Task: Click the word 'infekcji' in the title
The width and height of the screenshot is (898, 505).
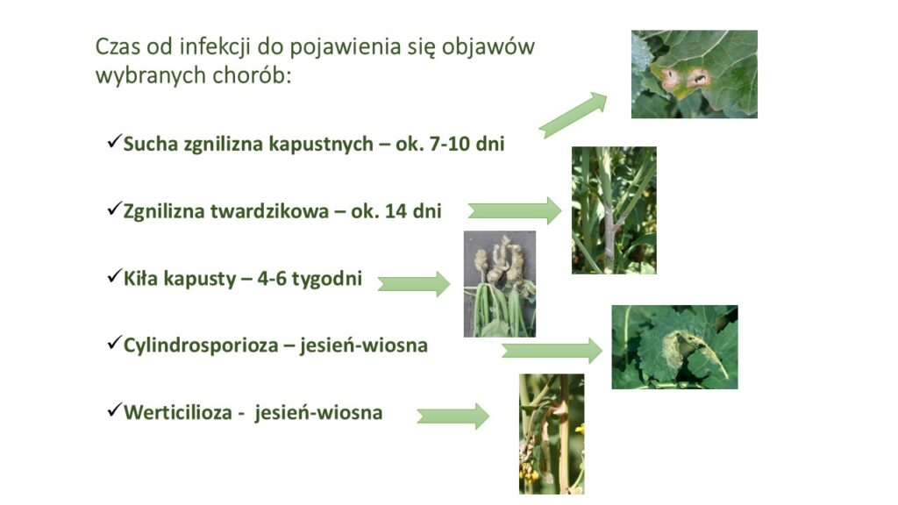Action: click(x=215, y=47)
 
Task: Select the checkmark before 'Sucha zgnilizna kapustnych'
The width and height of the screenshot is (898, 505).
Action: click(x=115, y=141)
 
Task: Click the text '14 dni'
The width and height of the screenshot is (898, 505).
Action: click(x=413, y=211)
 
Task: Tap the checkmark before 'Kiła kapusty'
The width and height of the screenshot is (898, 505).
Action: click(x=115, y=276)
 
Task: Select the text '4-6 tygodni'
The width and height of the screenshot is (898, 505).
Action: click(x=310, y=279)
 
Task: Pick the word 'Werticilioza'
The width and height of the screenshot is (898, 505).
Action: click(x=177, y=412)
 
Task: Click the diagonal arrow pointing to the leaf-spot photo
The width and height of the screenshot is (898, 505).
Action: click(x=573, y=115)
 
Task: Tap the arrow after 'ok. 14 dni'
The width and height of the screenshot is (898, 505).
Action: click(x=514, y=210)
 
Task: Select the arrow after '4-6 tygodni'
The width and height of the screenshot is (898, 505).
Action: click(x=414, y=284)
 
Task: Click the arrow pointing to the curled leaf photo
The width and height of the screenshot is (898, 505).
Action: click(x=552, y=351)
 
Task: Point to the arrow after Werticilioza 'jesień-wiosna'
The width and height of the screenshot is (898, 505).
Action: click(x=453, y=416)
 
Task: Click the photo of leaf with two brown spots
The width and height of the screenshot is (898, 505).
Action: click(x=695, y=75)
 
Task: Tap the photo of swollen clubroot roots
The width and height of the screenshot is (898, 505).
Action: click(x=500, y=284)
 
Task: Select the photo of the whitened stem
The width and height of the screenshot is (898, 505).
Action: click(x=614, y=210)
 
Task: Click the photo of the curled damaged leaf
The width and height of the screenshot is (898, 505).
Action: click(x=674, y=347)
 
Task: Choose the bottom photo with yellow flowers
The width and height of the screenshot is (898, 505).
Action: click(x=552, y=434)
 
